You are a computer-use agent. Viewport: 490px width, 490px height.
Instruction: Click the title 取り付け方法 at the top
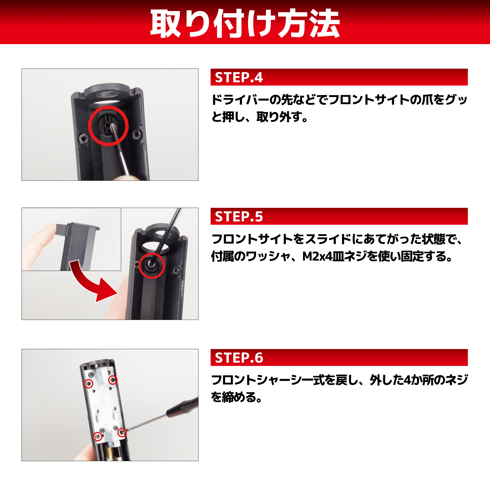coord(245,23)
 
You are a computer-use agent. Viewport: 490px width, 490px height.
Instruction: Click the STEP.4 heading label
coord(239,77)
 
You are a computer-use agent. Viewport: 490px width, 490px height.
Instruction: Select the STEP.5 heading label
coord(239,217)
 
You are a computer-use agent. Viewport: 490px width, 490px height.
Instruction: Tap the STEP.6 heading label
coord(239,358)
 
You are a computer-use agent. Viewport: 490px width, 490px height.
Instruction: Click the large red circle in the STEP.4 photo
coord(108,126)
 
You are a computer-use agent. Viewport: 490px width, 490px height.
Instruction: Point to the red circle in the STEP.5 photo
coord(152,266)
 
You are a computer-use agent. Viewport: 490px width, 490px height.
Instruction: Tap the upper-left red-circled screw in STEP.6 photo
coord(88,384)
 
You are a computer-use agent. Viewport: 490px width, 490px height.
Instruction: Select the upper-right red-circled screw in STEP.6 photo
coord(113,380)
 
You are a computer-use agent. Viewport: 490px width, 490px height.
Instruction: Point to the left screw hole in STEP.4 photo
coord(83,139)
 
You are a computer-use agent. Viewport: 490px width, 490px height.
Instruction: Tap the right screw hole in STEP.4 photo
coord(137,134)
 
